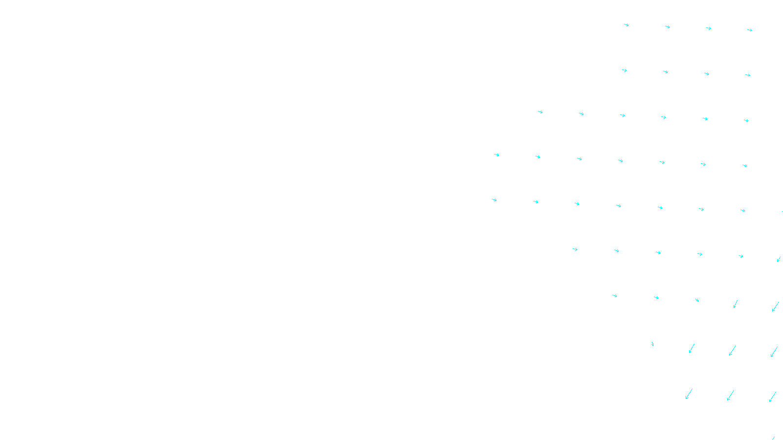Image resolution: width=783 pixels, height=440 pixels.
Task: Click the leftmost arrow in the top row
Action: click(x=626, y=25)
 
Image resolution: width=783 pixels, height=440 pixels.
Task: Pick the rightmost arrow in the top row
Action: click(x=750, y=30)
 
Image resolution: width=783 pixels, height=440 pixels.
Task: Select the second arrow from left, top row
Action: click(x=668, y=27)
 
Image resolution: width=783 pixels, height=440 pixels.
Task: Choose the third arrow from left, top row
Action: click(x=709, y=28)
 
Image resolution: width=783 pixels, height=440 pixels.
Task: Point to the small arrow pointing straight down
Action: click(x=652, y=344)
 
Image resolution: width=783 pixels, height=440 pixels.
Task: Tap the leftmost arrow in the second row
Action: click(x=624, y=70)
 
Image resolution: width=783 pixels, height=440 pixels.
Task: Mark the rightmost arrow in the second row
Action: click(x=748, y=75)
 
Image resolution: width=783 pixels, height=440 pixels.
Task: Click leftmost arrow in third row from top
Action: click(x=540, y=112)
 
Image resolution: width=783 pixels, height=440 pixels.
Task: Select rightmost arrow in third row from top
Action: click(x=746, y=120)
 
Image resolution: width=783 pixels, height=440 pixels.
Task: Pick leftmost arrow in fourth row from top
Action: click(x=497, y=155)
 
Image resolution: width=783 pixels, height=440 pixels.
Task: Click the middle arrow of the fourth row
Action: click(x=621, y=161)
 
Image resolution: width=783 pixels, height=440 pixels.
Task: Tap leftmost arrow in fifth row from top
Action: click(x=494, y=200)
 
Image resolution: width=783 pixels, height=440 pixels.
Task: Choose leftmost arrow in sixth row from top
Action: click(x=575, y=249)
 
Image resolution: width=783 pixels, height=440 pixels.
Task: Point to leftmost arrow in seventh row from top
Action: click(x=615, y=296)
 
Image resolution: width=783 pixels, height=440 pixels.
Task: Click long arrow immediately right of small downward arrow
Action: click(x=691, y=348)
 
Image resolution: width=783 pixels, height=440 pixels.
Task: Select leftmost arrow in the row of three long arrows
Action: click(x=689, y=394)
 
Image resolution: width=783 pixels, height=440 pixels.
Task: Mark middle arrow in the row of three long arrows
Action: click(x=731, y=395)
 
